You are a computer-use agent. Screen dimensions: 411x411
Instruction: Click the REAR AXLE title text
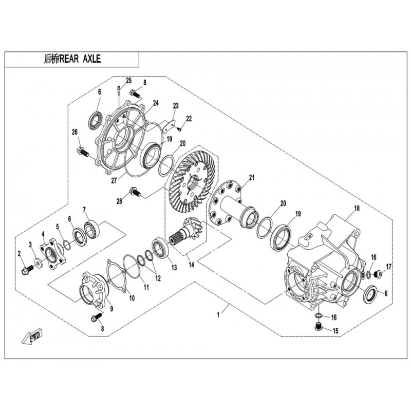click(x=72, y=59)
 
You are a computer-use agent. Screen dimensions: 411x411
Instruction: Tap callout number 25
click(x=128, y=81)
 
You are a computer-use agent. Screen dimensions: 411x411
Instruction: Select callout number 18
click(x=357, y=209)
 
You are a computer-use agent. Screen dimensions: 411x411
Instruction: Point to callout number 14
click(x=191, y=265)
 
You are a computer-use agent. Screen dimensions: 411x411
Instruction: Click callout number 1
click(x=218, y=315)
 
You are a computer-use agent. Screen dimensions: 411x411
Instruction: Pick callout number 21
click(x=252, y=178)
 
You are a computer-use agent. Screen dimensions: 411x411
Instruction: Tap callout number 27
click(x=114, y=181)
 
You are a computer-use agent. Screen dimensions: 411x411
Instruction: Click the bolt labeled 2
click(x=27, y=271)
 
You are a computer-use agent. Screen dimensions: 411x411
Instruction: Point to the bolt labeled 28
click(x=135, y=192)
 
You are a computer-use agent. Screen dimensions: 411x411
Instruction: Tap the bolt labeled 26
click(x=83, y=152)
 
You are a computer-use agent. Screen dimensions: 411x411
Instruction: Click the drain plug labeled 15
click(x=317, y=327)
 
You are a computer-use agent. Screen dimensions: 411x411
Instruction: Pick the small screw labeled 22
click(x=179, y=129)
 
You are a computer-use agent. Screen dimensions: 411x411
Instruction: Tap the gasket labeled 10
click(x=117, y=275)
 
